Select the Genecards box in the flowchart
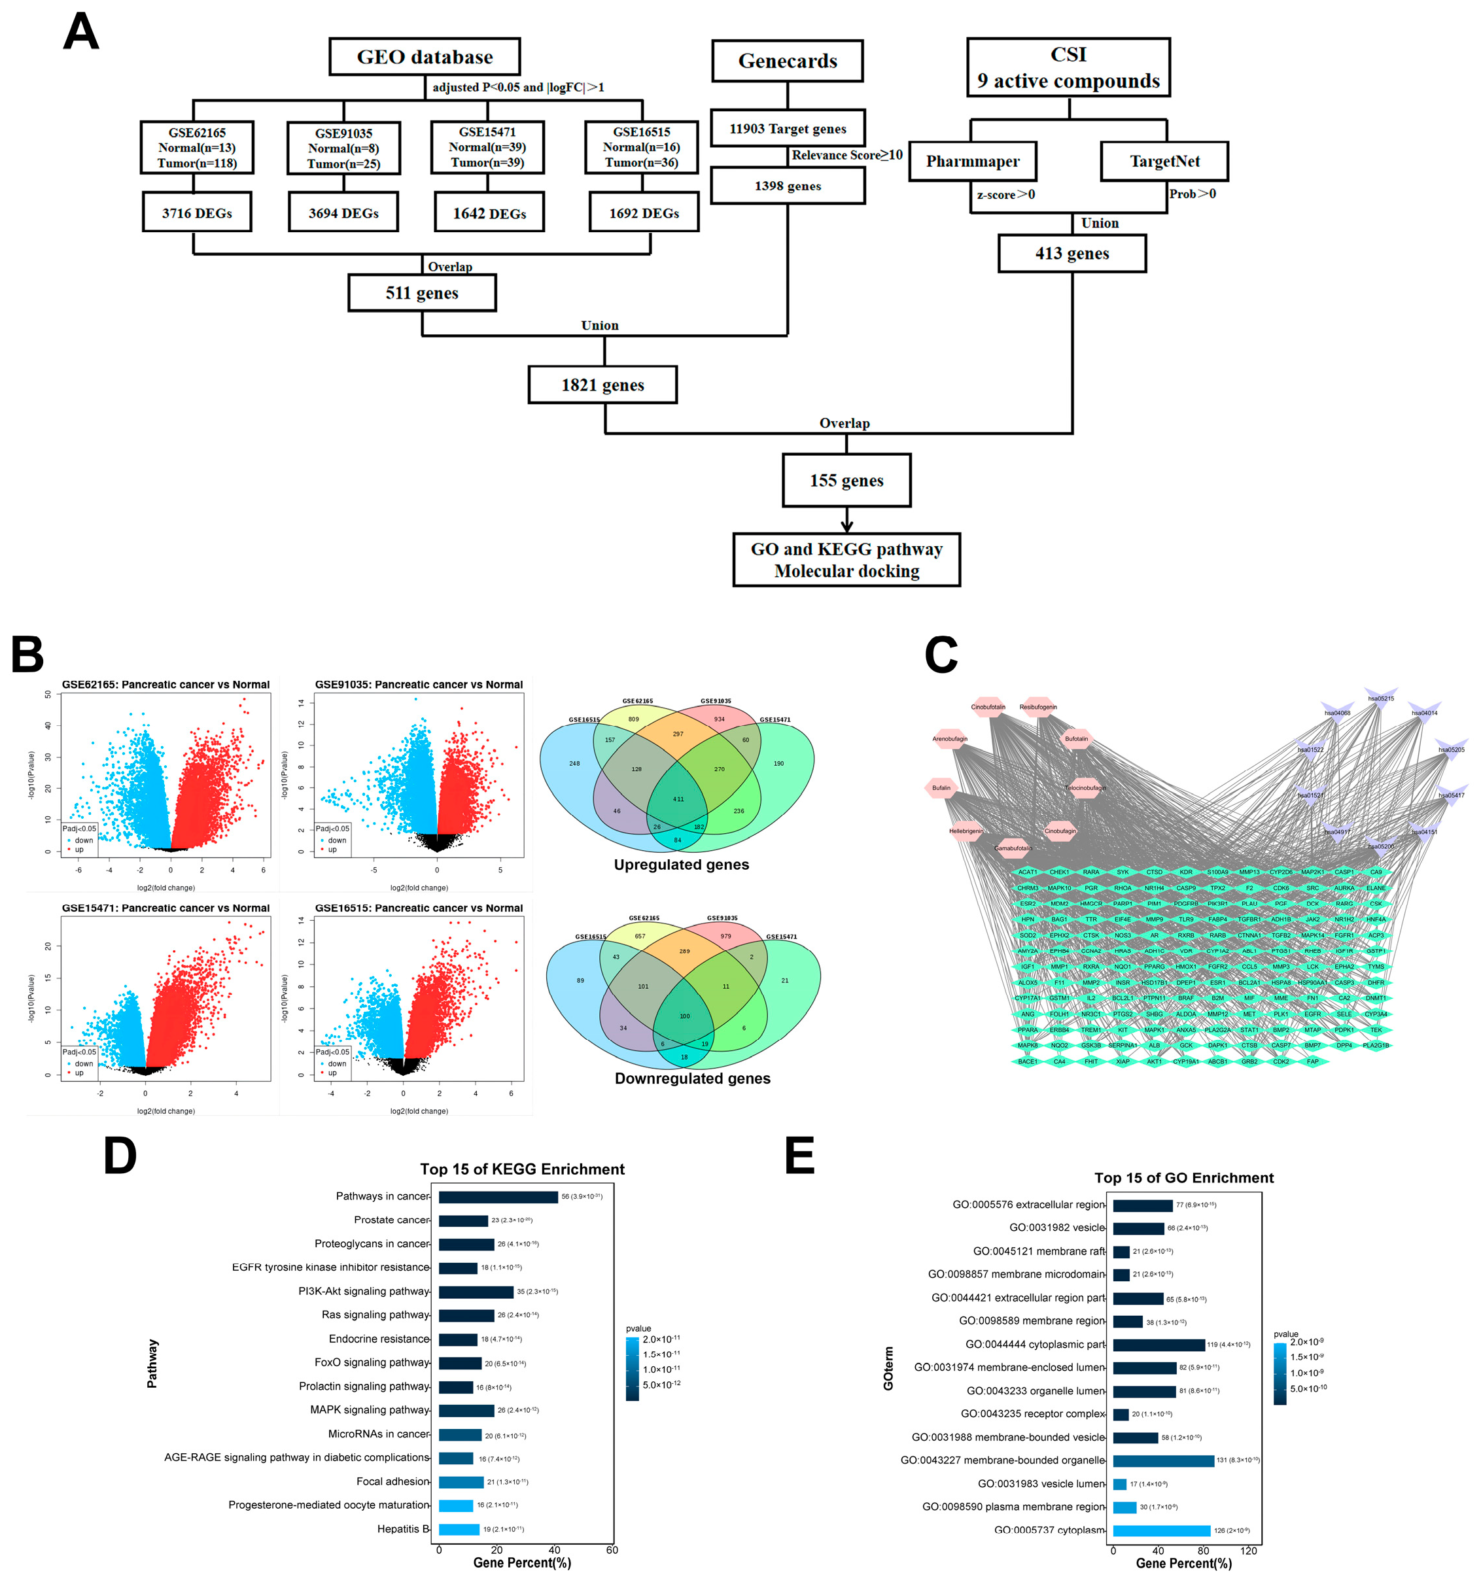tap(787, 61)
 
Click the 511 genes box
tap(422, 293)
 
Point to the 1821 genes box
tap(602, 385)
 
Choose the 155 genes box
tap(846, 481)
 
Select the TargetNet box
tap(1164, 162)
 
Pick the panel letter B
tap(28, 654)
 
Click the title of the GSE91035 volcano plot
tap(419, 684)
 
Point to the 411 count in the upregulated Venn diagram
tap(678, 799)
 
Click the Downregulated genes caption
tap(692, 1078)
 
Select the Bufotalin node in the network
tap(1076, 739)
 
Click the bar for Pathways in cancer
tap(498, 1197)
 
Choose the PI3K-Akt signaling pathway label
tap(364, 1291)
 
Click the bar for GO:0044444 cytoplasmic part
tap(1158, 1345)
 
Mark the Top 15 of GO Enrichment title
tap(1183, 1178)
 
